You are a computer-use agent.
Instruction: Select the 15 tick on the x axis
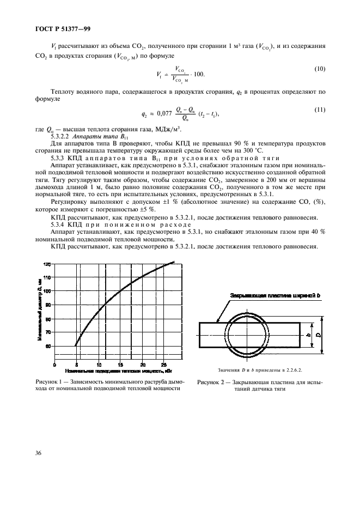120,365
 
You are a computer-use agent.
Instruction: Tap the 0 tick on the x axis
54,365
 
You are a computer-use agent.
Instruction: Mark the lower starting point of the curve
76,345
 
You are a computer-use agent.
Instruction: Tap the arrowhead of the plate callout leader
218,321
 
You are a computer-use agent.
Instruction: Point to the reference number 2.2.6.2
291,370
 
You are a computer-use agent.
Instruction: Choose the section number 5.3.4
59,224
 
